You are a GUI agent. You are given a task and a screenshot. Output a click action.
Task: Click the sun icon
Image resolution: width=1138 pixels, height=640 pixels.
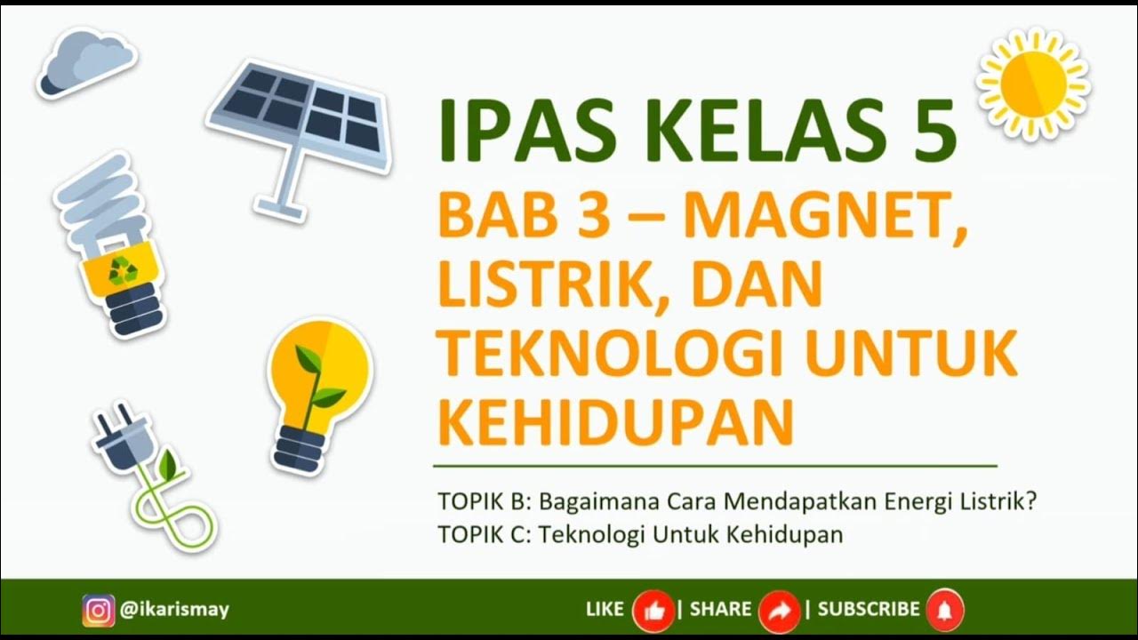point(1033,84)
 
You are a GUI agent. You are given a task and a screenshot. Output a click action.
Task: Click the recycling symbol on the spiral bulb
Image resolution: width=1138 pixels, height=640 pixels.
point(124,269)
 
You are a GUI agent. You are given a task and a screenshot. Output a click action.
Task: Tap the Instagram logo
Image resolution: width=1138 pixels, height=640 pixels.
point(99,610)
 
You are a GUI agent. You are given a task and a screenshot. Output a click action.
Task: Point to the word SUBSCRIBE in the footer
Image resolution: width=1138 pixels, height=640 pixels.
point(869,610)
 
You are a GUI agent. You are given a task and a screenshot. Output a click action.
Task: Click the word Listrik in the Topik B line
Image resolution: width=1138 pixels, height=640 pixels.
point(998,501)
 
